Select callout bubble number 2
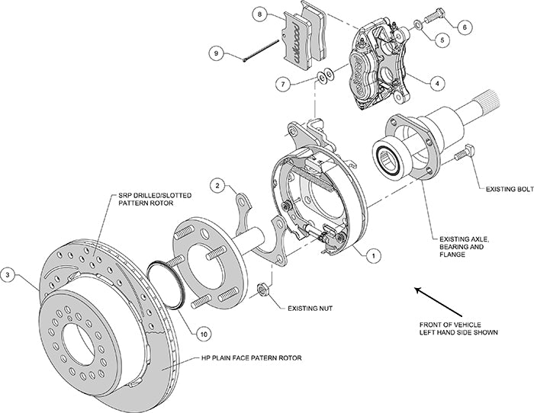pos(217,185)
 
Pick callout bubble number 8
pos(259,14)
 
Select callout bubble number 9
pos(216,53)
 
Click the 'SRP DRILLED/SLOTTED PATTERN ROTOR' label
pos(155,200)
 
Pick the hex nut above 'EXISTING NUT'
pos(263,289)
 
